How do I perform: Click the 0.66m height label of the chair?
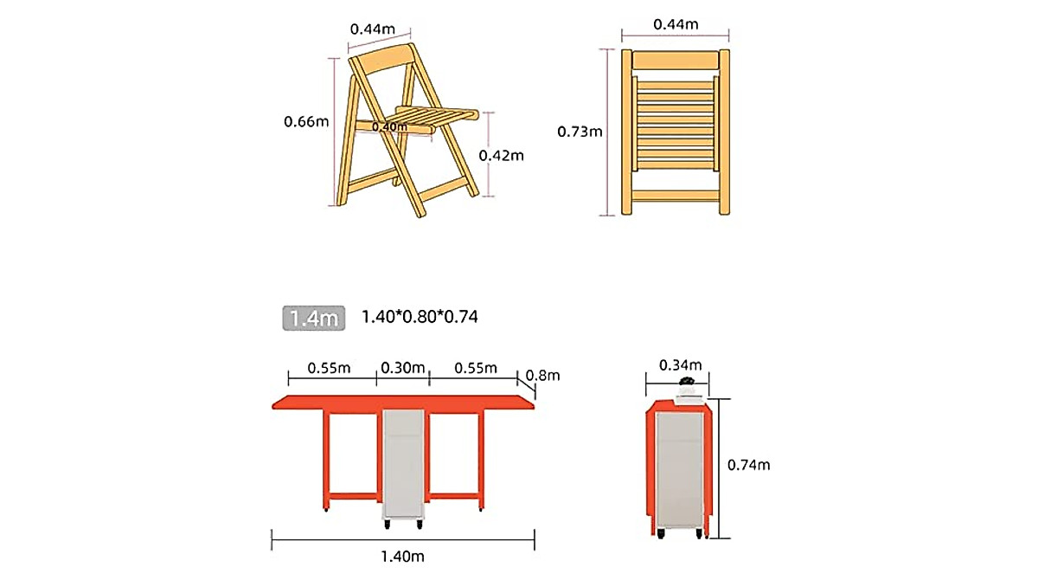306,122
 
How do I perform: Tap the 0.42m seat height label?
502,156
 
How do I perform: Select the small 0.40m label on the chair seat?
389,127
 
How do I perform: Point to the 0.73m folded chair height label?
580,132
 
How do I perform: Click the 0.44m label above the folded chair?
676,24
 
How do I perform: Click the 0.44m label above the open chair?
372,29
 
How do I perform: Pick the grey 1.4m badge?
314,318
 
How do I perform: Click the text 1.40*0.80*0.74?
420,317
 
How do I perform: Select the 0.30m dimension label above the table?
403,368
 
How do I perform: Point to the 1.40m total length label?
403,556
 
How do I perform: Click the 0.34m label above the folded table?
680,364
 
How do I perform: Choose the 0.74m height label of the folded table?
748,465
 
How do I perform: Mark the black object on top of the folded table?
687,383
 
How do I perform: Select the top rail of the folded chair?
676,60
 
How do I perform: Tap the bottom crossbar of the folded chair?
676,196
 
